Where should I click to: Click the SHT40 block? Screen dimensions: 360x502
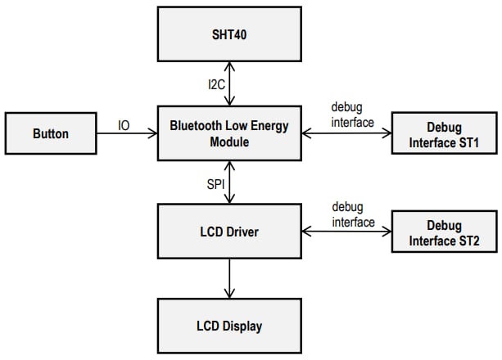(228, 34)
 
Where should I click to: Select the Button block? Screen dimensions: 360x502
(51, 133)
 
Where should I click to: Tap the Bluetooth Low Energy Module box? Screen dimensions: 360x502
(228, 133)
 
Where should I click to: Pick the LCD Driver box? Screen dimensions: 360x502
(228, 232)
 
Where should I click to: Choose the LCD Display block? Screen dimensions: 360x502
(228, 326)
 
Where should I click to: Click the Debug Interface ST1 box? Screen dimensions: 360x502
(444, 135)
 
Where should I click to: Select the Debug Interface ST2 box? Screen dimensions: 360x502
(444, 233)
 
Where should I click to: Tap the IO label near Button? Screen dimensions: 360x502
(124, 125)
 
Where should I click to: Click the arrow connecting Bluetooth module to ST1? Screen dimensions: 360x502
(346, 134)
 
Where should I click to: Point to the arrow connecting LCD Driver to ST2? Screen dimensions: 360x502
(346, 232)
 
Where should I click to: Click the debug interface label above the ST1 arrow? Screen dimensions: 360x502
(352, 115)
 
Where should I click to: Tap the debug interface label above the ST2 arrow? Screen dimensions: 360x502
(352, 214)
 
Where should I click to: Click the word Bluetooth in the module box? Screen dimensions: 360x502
(196, 126)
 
